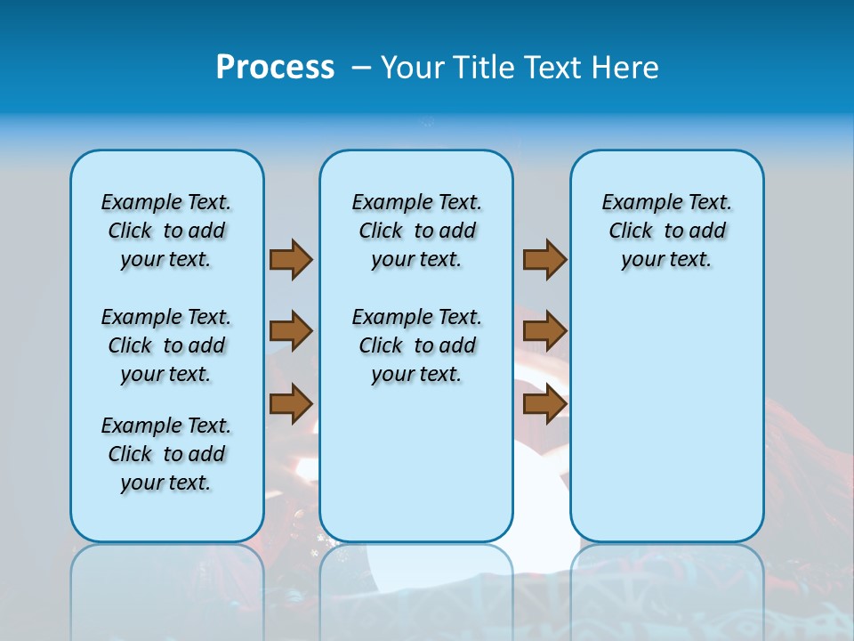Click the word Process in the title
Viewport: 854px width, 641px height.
(x=275, y=67)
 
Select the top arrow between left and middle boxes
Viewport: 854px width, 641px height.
(x=291, y=259)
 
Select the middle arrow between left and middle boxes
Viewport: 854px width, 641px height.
(x=291, y=331)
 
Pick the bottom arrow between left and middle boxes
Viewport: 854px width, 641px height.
(x=291, y=403)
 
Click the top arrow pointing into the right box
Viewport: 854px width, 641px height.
(x=544, y=259)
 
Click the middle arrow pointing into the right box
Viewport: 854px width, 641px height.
(x=544, y=331)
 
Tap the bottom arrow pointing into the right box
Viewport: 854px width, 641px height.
(x=544, y=403)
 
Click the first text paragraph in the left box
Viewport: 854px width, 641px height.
(x=166, y=231)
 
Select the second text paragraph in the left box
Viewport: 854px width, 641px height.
(x=166, y=345)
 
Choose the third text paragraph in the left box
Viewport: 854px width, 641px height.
(x=166, y=454)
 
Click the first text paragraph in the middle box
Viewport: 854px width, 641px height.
(x=417, y=231)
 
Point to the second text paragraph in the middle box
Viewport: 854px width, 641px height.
(x=417, y=345)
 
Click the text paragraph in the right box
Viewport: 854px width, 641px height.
(x=667, y=231)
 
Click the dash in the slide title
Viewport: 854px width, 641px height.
(x=361, y=68)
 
